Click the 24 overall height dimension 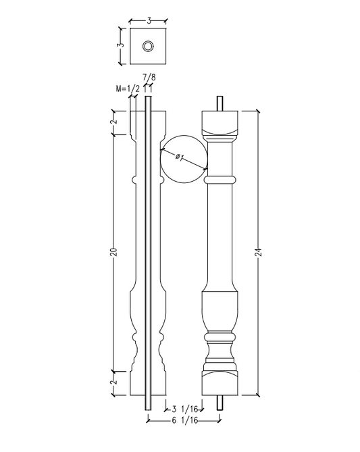pos(259,253)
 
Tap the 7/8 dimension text pos(149,78)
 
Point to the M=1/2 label pos(128,89)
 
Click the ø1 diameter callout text pos(179,157)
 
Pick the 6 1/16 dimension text pos(183,420)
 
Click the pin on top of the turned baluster pos(220,103)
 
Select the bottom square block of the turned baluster pos(220,382)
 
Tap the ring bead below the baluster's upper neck pos(220,180)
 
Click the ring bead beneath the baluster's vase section pos(220,335)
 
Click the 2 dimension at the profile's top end pos(113,122)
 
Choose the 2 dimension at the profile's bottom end pos(113,382)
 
